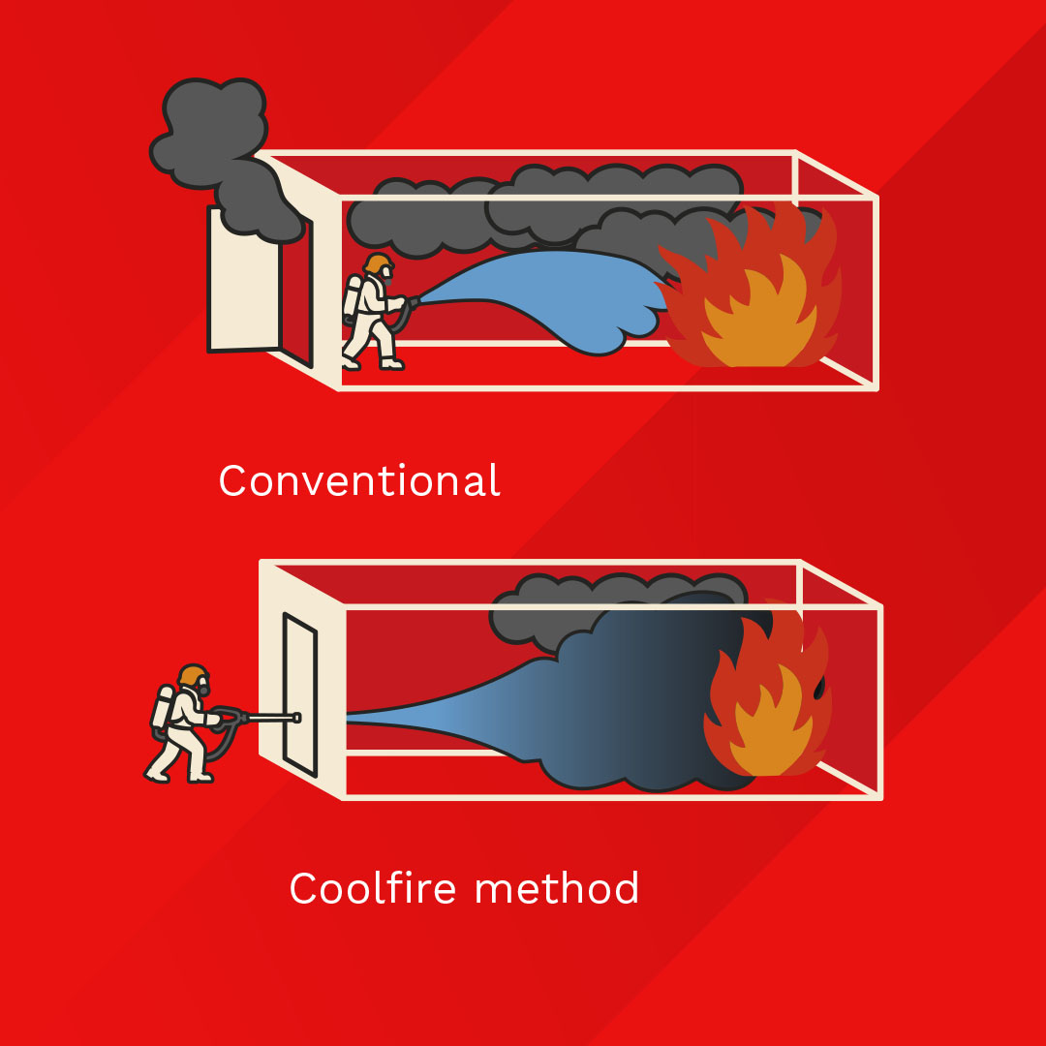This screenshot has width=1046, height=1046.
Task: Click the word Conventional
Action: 359,480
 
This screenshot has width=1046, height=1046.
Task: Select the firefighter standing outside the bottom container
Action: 184,724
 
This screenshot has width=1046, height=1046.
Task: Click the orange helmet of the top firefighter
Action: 379,263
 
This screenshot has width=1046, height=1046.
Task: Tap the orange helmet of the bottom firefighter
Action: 193,675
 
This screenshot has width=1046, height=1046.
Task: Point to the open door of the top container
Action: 242,281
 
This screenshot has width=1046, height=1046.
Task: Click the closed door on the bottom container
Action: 299,692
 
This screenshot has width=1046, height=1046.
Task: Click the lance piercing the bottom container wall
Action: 271,719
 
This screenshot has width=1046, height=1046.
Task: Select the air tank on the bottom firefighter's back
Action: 160,710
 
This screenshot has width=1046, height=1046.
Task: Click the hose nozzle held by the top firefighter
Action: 414,302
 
